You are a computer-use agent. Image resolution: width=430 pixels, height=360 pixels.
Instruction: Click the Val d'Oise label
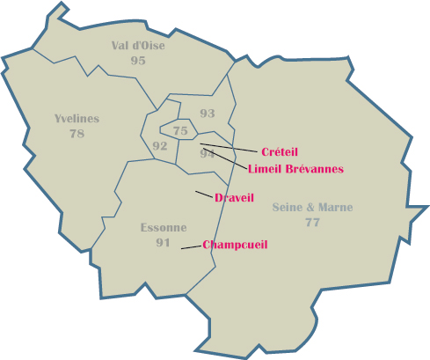coord(138,46)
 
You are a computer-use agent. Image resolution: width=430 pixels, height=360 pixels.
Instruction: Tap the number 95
coord(138,60)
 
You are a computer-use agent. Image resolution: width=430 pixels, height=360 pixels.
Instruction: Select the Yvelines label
coord(77,119)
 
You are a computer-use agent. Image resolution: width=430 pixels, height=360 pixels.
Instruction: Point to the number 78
coord(77,133)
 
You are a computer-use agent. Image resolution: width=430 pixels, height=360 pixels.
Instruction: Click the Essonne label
coord(163,228)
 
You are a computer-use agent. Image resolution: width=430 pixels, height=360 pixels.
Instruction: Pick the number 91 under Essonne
coord(163,242)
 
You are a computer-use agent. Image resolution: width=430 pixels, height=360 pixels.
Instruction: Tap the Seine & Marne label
coord(312,208)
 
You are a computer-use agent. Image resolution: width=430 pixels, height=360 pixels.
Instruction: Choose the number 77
coord(312,222)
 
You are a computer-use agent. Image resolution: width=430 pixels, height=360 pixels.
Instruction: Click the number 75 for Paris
coord(181,131)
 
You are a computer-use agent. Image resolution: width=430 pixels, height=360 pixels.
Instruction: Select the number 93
coord(208,114)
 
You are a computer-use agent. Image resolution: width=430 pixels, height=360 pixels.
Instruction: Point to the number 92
coord(160,145)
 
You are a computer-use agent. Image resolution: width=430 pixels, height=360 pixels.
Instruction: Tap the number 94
coord(208,153)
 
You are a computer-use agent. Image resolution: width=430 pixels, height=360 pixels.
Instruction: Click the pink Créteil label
coord(280,152)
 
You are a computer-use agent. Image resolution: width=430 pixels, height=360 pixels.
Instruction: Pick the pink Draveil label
coord(234,197)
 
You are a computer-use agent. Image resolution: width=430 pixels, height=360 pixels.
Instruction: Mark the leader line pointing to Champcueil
coord(191,247)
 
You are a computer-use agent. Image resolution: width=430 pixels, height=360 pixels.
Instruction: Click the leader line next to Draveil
coord(204,194)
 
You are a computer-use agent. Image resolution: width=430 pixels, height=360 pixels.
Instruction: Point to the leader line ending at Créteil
coord(230,148)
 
